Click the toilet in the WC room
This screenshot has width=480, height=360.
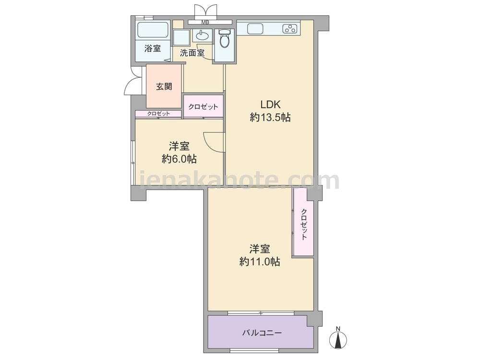tap(224, 38)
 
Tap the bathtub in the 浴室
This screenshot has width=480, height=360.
tap(153, 30)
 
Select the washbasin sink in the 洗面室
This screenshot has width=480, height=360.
tap(202, 36)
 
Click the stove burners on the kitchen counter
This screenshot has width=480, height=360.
tap(290, 29)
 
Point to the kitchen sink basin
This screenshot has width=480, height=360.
tap(255, 29)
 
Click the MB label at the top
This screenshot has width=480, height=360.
tap(205, 22)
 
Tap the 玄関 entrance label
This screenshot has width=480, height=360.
tap(164, 86)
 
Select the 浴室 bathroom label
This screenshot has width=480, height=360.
tap(153, 48)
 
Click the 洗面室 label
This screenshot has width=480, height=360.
tap(192, 53)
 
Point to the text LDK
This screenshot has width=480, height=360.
tap(270, 104)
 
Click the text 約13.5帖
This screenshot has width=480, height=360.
tap(270, 118)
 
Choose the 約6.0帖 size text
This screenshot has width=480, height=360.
tap(179, 159)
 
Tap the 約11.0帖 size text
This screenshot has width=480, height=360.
tap(260, 262)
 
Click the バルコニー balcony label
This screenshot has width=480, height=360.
tap(262, 333)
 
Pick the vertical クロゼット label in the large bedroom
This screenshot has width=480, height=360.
tap(304, 224)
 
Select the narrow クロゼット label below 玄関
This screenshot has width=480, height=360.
tap(158, 114)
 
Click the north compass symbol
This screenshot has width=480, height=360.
tap(338, 338)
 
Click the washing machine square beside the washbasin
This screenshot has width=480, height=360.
tap(181, 37)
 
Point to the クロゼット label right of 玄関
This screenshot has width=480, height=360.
tap(203, 107)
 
